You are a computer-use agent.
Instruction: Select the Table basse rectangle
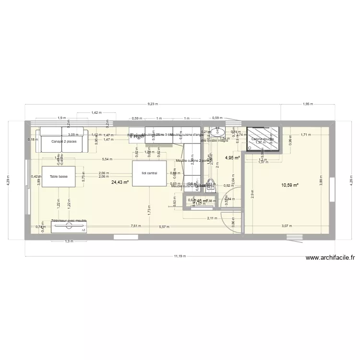[x=59, y=176]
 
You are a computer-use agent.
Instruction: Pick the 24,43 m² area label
[x=120, y=182]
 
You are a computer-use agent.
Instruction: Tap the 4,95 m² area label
[x=232, y=157]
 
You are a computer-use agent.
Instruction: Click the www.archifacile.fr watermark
[x=331, y=258]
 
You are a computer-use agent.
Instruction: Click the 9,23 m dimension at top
[x=153, y=104]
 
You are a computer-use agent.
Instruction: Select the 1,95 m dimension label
[x=308, y=104]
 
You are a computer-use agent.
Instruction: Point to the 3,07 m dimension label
[x=287, y=226]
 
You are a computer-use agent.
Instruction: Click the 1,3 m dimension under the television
[x=69, y=241]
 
